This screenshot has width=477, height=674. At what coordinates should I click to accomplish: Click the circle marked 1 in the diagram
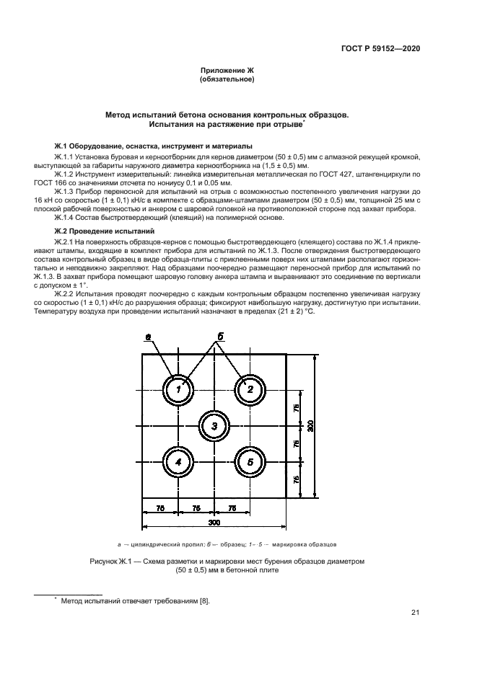point(178,390)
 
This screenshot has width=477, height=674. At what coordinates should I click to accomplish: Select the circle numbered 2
point(250,390)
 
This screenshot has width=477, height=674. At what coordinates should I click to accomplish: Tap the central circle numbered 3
point(214,426)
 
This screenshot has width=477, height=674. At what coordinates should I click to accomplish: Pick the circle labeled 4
point(178,462)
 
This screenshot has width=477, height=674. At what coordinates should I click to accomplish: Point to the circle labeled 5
point(250,462)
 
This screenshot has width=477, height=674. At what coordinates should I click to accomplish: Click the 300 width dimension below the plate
point(214,522)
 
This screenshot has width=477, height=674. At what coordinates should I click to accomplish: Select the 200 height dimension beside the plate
point(310,426)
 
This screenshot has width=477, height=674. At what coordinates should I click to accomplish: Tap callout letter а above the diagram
point(147,337)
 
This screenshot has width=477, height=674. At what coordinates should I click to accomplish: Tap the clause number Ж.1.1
point(66,156)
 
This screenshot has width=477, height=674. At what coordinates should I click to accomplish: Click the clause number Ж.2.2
point(66,294)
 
